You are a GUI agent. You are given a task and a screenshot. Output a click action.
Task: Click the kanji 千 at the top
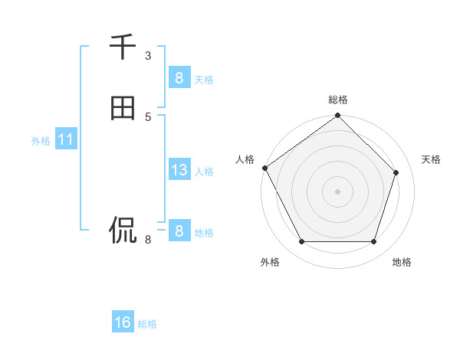tap(123, 47)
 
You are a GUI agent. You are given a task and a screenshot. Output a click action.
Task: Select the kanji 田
tap(123, 108)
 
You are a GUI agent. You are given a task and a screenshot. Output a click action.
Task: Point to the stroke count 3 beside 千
tap(148, 55)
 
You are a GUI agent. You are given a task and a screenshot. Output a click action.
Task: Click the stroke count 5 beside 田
tap(148, 116)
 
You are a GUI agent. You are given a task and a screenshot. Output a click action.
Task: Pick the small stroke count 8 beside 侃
tap(148, 240)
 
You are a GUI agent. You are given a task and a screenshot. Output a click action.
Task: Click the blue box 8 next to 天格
tap(179, 77)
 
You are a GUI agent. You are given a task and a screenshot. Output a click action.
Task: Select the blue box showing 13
tap(179, 170)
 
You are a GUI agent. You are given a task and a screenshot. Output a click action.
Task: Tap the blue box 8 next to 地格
tap(179, 231)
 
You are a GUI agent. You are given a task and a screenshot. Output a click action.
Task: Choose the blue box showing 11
tap(65, 139)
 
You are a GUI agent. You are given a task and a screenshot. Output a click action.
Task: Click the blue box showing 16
tap(123, 322)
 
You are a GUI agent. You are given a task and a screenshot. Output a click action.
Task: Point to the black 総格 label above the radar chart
tap(338, 100)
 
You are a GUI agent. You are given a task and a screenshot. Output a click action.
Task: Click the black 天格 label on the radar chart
tap(432, 159)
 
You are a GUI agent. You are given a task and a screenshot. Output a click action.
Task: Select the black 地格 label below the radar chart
tap(402, 262)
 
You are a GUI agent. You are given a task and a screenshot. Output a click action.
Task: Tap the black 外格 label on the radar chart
tap(270, 262)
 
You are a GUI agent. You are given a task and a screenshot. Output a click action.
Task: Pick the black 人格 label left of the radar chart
tap(245, 159)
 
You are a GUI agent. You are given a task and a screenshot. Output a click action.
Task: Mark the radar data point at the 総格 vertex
tap(337, 116)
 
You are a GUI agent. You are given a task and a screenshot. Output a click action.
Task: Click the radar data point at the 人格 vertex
tap(265, 168)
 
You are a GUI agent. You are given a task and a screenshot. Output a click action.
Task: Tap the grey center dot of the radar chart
tap(337, 191)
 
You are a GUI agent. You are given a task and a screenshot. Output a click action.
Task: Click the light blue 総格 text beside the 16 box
tap(147, 324)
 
